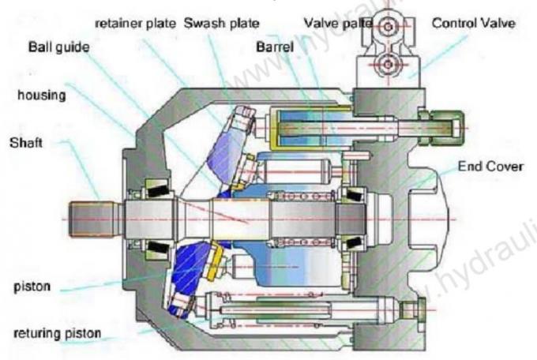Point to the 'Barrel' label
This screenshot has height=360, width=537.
pyautogui.click(x=274, y=47)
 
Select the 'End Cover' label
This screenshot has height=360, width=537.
pyautogui.click(x=490, y=167)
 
